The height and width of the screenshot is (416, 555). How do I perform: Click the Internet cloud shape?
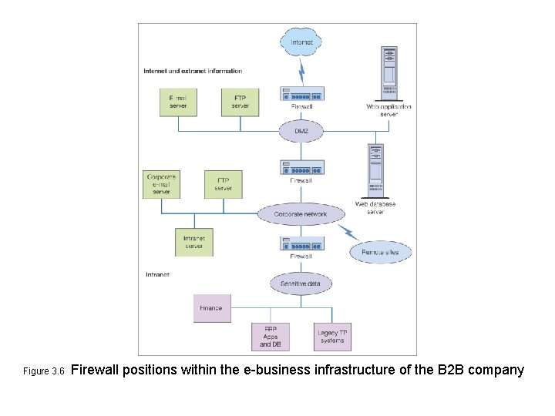(x=301, y=42)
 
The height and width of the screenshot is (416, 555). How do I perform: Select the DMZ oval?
(x=301, y=131)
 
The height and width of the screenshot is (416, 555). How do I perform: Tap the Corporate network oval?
(x=301, y=214)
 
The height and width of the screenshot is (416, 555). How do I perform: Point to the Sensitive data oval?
(x=301, y=283)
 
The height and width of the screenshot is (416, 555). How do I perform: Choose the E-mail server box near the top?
(x=178, y=102)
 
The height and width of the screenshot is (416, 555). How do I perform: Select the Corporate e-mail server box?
(x=162, y=184)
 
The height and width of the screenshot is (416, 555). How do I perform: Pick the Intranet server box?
(x=193, y=242)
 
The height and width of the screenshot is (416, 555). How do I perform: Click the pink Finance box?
(x=211, y=308)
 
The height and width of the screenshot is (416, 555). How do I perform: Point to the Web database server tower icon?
(x=375, y=171)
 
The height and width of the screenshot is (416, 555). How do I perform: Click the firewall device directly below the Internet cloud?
(x=301, y=94)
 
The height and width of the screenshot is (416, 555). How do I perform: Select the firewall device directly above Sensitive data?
(x=301, y=243)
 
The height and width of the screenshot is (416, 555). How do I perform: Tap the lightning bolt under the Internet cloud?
(x=301, y=72)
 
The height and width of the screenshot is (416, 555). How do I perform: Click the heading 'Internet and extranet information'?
(x=193, y=71)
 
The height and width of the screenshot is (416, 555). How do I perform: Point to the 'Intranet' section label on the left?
(x=157, y=274)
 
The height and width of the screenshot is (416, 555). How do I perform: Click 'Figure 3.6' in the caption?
(x=45, y=371)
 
